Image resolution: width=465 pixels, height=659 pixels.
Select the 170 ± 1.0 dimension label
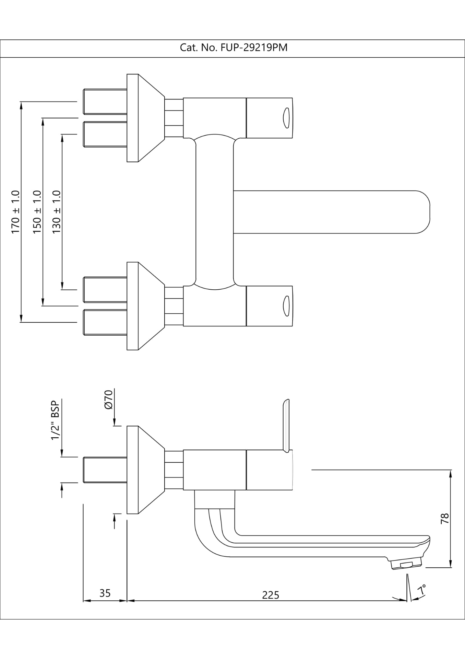click(16, 212)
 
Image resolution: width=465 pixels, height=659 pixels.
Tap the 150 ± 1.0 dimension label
click(37, 212)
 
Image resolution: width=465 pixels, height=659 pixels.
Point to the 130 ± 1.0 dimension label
click(57, 212)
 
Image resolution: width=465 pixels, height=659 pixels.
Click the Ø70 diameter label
click(108, 400)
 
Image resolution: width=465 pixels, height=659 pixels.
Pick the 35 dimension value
click(105, 593)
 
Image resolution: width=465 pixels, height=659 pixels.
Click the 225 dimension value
click(271, 595)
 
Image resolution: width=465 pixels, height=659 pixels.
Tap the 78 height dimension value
click(445, 518)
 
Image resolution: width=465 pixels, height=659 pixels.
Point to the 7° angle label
click(422, 590)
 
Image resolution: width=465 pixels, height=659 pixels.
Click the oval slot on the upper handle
click(286, 118)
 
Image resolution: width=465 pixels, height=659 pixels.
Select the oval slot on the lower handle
click(286, 306)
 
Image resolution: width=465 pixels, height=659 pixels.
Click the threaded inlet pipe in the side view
click(105, 470)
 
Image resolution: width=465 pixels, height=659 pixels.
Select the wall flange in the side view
click(133, 470)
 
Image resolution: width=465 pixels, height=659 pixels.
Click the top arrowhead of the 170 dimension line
click(21, 105)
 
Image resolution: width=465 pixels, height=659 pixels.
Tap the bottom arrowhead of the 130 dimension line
click(62, 286)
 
